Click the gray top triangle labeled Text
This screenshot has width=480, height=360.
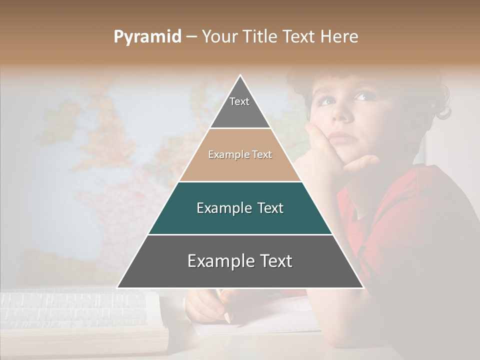tap(240, 107)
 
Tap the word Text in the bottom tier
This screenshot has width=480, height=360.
tap(273, 261)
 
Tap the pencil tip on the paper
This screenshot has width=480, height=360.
tap(227, 319)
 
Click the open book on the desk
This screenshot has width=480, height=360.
tap(80, 320)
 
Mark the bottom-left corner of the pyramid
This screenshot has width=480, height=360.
tap(117, 288)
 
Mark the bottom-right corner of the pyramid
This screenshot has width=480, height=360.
tap(363, 288)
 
